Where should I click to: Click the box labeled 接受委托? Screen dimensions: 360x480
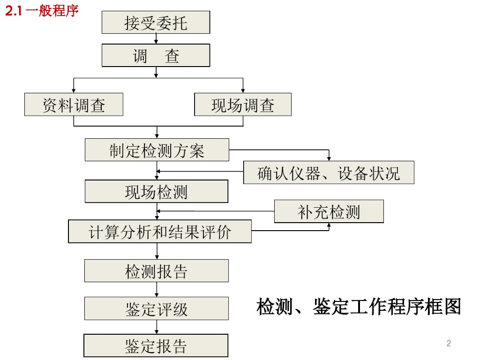pyautogui.click(x=156, y=22)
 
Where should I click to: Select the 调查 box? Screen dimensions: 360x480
pyautogui.click(x=156, y=56)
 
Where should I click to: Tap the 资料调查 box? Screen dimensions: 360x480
pyautogui.click(x=74, y=105)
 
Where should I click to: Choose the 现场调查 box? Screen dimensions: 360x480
pyautogui.click(x=242, y=105)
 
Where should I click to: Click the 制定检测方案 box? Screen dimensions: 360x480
pyautogui.click(x=157, y=150)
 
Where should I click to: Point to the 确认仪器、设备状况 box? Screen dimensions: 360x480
pyautogui.click(x=329, y=172)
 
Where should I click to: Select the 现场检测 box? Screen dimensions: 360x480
pyautogui.click(x=156, y=191)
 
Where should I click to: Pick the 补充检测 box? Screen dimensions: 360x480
pyautogui.click(x=329, y=211)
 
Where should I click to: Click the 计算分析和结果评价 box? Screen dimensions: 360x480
pyautogui.click(x=159, y=232)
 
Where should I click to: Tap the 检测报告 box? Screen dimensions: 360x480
pyautogui.click(x=156, y=271)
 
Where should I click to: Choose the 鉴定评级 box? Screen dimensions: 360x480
pyautogui.click(x=156, y=308)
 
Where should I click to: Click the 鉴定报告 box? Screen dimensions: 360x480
pyautogui.click(x=156, y=346)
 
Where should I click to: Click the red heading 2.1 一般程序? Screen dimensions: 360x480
pyautogui.click(x=42, y=10)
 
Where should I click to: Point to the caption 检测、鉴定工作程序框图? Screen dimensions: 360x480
pyautogui.click(x=359, y=307)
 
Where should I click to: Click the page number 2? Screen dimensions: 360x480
pyautogui.click(x=449, y=343)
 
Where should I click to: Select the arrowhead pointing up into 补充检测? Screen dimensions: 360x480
pyautogui.click(x=329, y=225)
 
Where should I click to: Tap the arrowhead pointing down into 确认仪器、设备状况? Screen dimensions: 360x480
pyautogui.click(x=329, y=158)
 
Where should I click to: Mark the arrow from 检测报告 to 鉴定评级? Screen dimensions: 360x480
pyautogui.click(x=157, y=290)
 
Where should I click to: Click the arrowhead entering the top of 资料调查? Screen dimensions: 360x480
pyautogui.click(x=74, y=90)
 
